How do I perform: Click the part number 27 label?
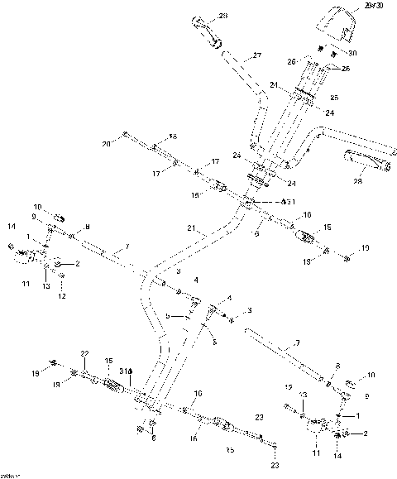256,56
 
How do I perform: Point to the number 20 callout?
106,144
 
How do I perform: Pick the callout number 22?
84,354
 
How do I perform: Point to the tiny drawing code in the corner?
10,474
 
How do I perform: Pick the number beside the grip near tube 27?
222,17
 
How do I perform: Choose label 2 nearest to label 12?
77,264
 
